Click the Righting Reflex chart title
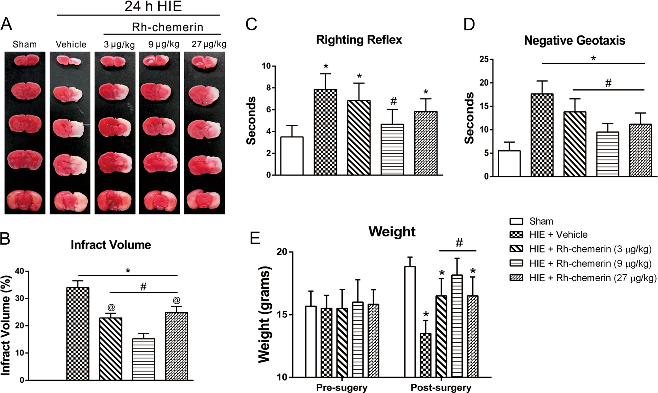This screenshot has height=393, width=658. [359, 40]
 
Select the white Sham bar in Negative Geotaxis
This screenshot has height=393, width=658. [509, 164]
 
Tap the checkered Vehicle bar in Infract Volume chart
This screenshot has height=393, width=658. [78, 334]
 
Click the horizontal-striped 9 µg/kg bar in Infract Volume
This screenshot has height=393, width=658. [143, 359]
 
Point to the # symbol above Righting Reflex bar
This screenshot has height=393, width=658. [393, 101]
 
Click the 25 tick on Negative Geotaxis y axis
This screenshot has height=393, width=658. [484, 60]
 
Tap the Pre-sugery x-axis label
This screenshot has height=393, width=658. [342, 387]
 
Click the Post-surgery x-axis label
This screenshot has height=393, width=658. [441, 387]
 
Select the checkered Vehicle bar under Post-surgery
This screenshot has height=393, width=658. [425, 355]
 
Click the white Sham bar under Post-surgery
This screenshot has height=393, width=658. [410, 322]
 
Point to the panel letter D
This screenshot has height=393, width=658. [469, 24]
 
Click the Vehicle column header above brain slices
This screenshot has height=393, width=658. [71, 44]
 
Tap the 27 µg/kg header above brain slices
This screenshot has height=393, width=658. [208, 44]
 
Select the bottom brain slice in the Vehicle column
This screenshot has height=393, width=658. [70, 200]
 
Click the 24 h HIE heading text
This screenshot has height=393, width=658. [153, 6]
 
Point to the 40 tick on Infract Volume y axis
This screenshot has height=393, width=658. [19, 271]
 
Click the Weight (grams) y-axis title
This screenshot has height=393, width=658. [265, 315]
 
